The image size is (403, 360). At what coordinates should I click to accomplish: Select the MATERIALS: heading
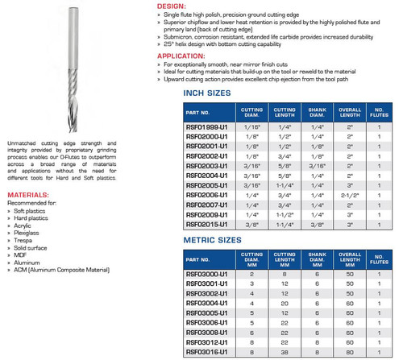click(x=27, y=195)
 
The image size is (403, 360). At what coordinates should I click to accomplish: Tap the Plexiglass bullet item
click(x=27, y=233)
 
